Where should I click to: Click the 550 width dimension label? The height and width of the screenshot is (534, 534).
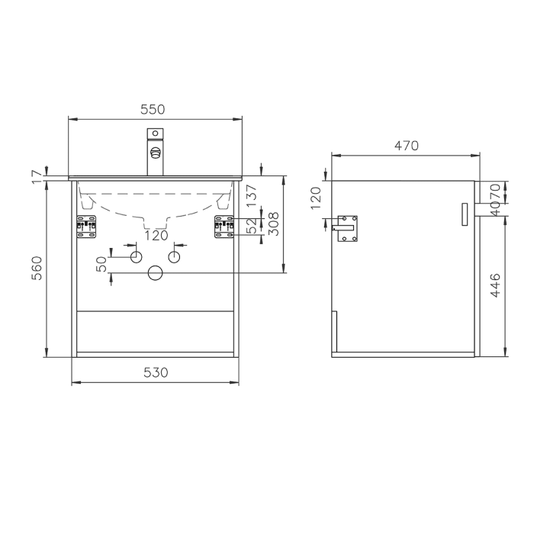tap(153, 109)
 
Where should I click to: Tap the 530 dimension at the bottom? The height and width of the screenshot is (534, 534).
tap(156, 372)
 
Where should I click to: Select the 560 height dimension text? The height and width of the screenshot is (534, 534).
tap(37, 268)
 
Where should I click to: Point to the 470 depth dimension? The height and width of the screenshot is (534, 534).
tap(407, 146)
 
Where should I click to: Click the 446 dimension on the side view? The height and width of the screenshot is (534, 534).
tap(496, 285)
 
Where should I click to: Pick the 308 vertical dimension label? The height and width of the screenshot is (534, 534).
tap(273, 224)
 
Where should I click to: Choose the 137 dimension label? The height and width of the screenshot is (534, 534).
tap(251, 195)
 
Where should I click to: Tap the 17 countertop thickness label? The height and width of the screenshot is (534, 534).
tap(37, 177)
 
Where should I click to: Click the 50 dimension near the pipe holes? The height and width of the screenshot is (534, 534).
tap(101, 264)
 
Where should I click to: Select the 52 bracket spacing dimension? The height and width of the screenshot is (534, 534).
tap(251, 226)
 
